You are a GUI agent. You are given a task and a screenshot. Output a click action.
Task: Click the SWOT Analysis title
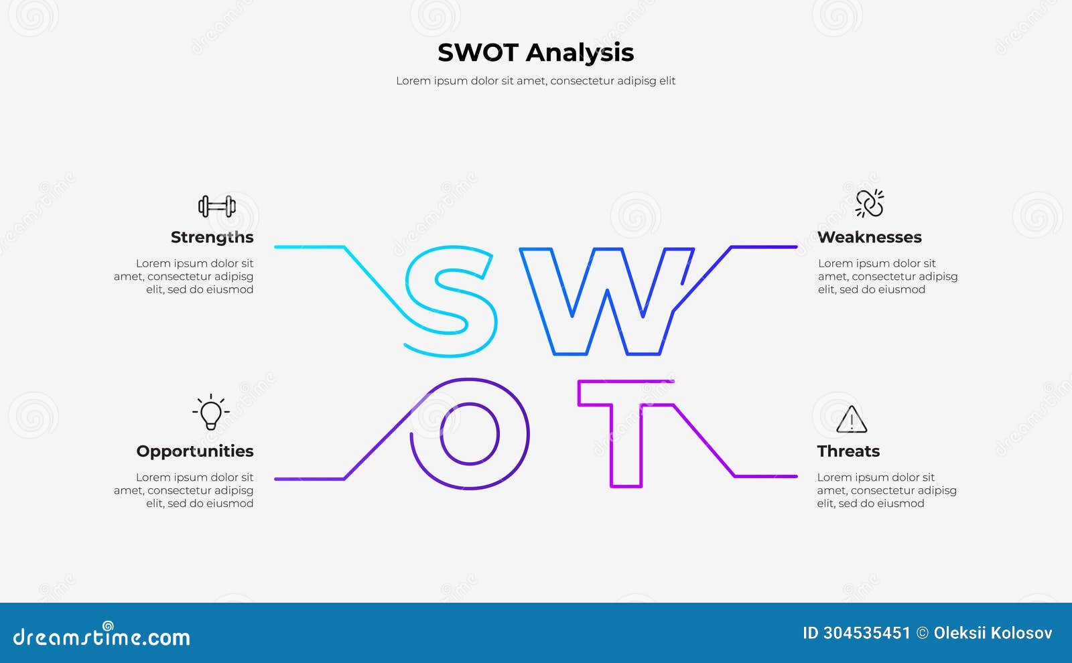[x=535, y=53]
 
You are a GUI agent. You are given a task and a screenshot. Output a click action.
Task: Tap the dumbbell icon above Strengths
[x=216, y=206]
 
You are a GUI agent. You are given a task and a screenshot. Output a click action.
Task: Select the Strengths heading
[x=212, y=237]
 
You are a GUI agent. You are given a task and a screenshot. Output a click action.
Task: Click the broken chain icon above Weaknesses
[x=870, y=204]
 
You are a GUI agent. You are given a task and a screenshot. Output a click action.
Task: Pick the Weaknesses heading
[x=869, y=237]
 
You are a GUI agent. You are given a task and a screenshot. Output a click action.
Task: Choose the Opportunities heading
[x=194, y=451]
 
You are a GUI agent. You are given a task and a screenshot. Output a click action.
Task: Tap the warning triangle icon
[x=852, y=420]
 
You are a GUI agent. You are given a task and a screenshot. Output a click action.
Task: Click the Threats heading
[x=848, y=451]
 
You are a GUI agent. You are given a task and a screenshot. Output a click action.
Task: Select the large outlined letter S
[x=450, y=301]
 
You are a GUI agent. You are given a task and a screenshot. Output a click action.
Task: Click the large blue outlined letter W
[x=606, y=301]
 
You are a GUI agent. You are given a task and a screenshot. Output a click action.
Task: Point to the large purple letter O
[x=470, y=433]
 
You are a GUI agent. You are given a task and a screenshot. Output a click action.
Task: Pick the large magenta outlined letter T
[x=626, y=432]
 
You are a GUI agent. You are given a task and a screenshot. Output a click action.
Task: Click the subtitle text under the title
[x=535, y=81]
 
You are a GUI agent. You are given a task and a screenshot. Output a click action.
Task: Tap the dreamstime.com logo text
[x=101, y=636]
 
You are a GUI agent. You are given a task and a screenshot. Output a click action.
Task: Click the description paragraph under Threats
[x=886, y=490]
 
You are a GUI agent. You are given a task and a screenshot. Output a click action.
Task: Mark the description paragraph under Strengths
[x=184, y=277]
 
